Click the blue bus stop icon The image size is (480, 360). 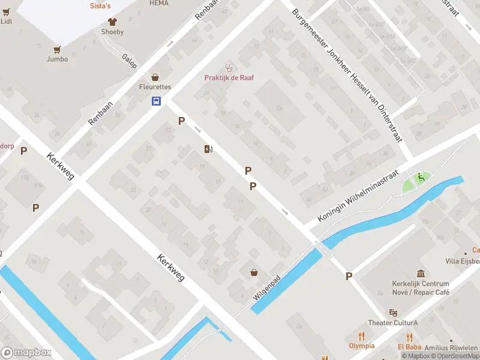click(156, 101)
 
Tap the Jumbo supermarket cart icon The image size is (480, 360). click(58, 49)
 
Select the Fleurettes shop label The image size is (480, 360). click(155, 87)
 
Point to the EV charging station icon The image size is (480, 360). click(208, 149)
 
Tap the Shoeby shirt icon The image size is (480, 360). click(112, 22)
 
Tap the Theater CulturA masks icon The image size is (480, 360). click(393, 313)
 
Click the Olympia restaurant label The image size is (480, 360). click(361, 346)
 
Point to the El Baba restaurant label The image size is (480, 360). click(410, 346)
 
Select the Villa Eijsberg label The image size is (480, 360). click(463, 261)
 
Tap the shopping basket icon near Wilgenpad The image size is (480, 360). click(255, 272)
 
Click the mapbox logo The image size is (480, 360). click(26, 352)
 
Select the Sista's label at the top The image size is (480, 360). click(100, 5)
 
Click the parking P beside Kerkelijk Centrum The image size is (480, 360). click(349, 276)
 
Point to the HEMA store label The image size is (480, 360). click(158, 3)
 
